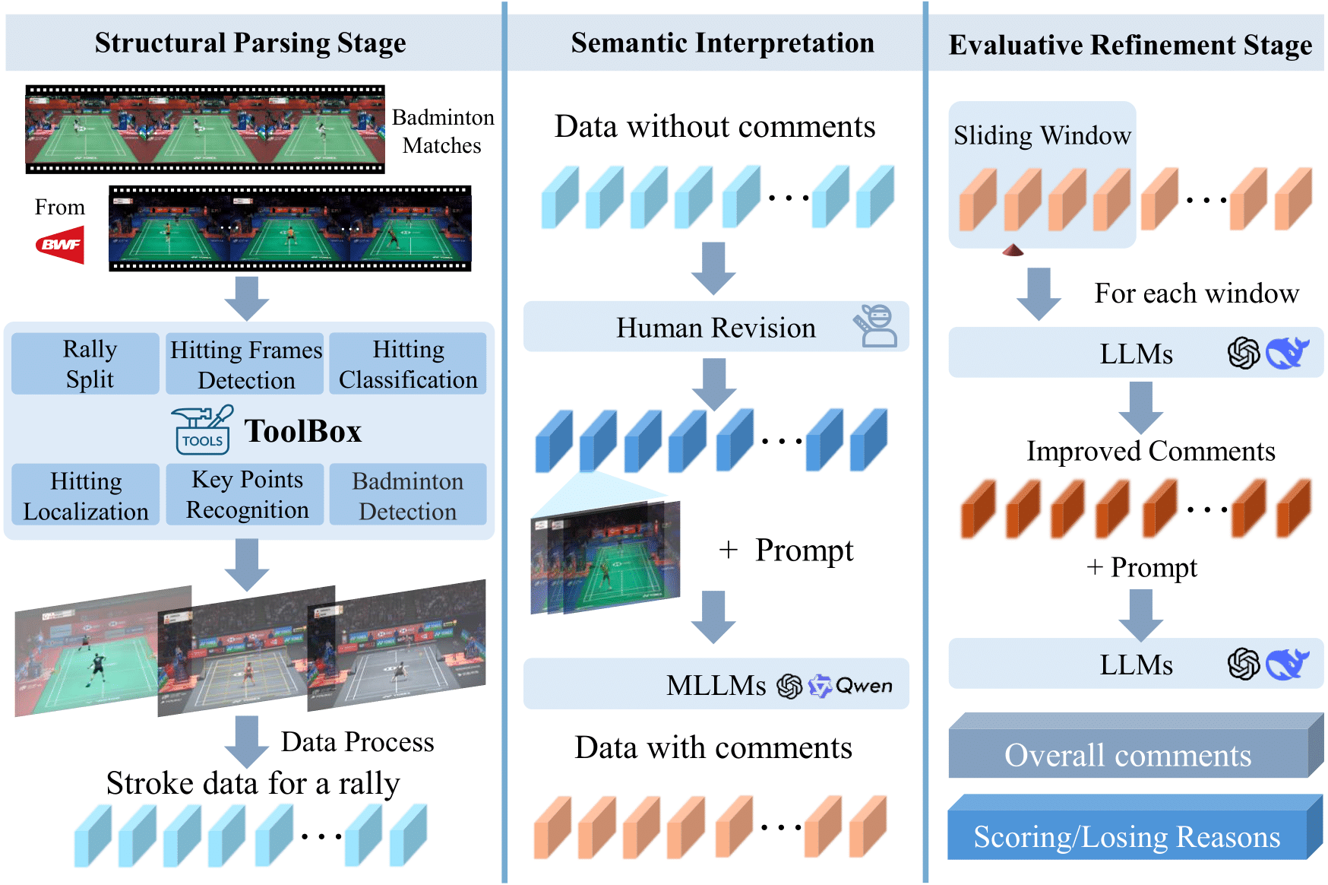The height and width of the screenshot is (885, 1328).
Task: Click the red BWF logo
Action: (x=60, y=245)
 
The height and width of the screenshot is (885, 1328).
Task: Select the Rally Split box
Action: (x=86, y=363)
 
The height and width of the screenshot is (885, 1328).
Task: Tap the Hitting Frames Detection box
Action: (x=245, y=364)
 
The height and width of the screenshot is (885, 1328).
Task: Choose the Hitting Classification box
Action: (x=408, y=363)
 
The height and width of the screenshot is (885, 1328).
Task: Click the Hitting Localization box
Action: (x=86, y=495)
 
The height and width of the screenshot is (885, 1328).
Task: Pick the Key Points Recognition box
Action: (x=247, y=494)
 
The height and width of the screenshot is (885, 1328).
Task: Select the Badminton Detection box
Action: (x=408, y=495)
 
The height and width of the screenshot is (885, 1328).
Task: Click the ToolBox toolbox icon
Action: (x=202, y=430)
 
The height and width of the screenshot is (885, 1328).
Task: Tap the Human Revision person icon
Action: (x=876, y=326)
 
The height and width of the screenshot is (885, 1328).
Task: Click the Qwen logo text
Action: (x=863, y=686)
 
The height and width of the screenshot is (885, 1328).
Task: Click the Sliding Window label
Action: (x=1042, y=135)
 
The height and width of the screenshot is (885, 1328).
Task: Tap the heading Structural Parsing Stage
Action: (x=251, y=43)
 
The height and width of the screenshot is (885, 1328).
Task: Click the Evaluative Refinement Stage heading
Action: (x=1130, y=45)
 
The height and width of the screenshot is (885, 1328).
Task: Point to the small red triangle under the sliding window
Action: (x=1013, y=250)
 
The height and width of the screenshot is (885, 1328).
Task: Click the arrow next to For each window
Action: (x=1039, y=293)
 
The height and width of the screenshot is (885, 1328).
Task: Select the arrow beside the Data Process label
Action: (x=246, y=741)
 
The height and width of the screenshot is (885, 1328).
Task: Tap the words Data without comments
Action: (x=715, y=126)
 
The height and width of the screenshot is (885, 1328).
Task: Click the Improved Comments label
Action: (x=1150, y=451)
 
